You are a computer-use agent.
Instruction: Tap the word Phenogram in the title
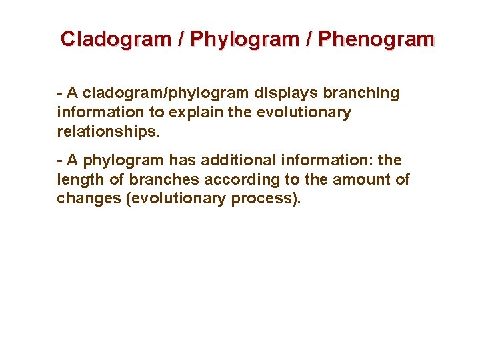point(376,39)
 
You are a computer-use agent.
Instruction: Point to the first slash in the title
point(181,39)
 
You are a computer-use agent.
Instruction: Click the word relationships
point(108,131)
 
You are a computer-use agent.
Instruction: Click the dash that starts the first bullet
point(60,93)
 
